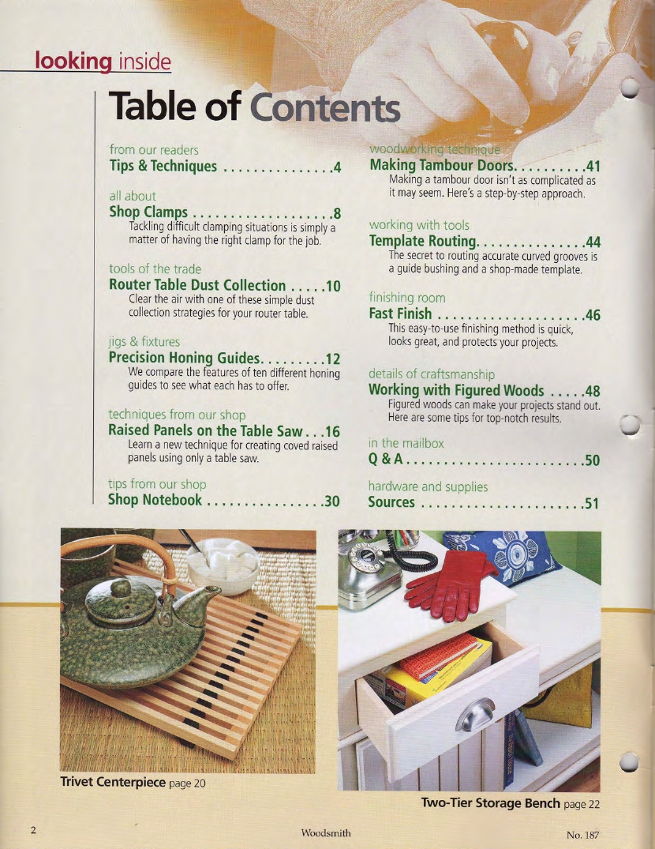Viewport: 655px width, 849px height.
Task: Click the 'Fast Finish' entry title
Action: pos(400,315)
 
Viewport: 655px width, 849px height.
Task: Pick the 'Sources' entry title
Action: pos(391,502)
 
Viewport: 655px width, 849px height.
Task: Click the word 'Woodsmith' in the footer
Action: pos(326,833)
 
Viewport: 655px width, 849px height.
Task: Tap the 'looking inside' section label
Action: pos(103,61)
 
